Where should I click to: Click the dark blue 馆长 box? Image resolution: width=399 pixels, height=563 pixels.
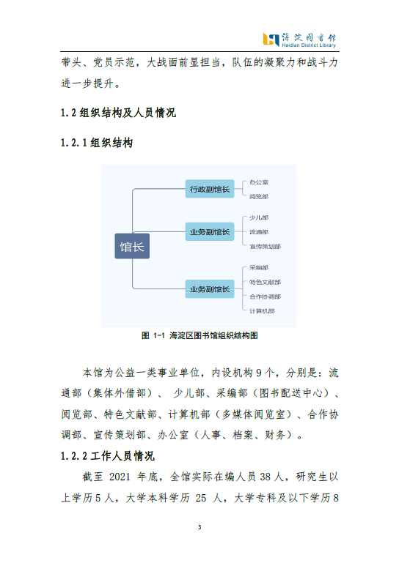[132, 246]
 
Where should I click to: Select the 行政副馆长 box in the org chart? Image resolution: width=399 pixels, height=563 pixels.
[210, 189]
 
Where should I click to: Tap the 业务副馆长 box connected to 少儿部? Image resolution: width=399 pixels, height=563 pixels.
[210, 231]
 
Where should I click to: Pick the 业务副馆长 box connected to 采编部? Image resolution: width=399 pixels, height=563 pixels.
[210, 289]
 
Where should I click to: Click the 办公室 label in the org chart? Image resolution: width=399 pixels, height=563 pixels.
[259, 182]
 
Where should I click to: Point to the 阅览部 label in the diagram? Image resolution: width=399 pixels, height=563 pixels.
[259, 196]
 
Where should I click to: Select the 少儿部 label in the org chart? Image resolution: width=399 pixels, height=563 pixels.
[259, 217]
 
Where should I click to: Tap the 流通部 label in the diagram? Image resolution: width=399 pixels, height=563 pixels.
[259, 232]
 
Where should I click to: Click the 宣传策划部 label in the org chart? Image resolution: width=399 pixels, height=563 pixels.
[266, 246]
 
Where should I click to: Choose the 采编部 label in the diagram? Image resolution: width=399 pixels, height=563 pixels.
[259, 267]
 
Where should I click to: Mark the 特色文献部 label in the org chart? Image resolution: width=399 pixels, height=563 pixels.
[266, 282]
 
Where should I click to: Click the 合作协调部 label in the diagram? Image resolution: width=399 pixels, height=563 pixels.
[266, 297]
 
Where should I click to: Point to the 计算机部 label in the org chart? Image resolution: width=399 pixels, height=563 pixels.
[262, 311]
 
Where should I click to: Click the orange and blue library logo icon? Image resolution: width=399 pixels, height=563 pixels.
[271, 40]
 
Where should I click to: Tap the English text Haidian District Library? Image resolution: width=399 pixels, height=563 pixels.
[309, 45]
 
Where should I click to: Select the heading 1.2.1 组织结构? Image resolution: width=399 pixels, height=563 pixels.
[97, 143]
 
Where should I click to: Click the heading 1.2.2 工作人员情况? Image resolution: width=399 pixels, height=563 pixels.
[108, 456]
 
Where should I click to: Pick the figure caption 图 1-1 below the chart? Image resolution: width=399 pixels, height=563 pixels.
[199, 335]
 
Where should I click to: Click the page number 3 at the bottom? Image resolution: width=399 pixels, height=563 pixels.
[199, 527]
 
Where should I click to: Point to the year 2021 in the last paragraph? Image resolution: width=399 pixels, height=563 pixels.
[120, 477]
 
